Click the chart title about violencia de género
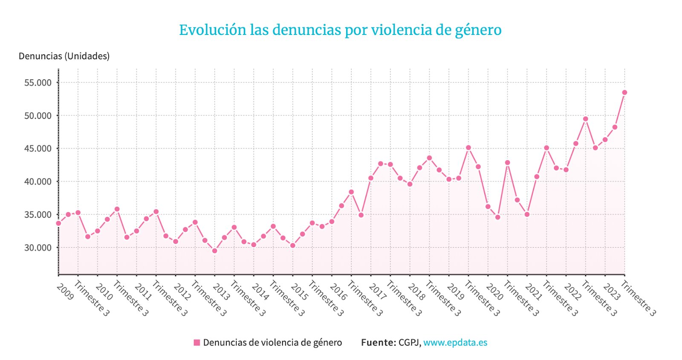coord(340,30)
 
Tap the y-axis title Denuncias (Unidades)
coord(64,56)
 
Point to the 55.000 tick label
coord(38,83)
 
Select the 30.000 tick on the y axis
coord(38,248)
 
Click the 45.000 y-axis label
coord(38,149)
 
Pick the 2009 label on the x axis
coord(65,292)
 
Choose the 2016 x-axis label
coord(338,292)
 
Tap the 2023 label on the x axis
coord(612,292)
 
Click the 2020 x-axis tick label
coord(494,292)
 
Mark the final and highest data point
coord(624,92)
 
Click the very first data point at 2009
coord(58,223)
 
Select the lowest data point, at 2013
coord(215,251)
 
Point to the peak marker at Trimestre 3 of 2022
coord(586,119)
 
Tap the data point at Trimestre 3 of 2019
coord(468,148)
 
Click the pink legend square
coord(197,343)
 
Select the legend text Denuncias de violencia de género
coord(272,343)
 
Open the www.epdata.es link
coord(455,343)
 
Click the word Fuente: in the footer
coord(379,343)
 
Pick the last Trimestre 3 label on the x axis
coord(639,299)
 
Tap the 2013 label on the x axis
coord(221,292)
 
